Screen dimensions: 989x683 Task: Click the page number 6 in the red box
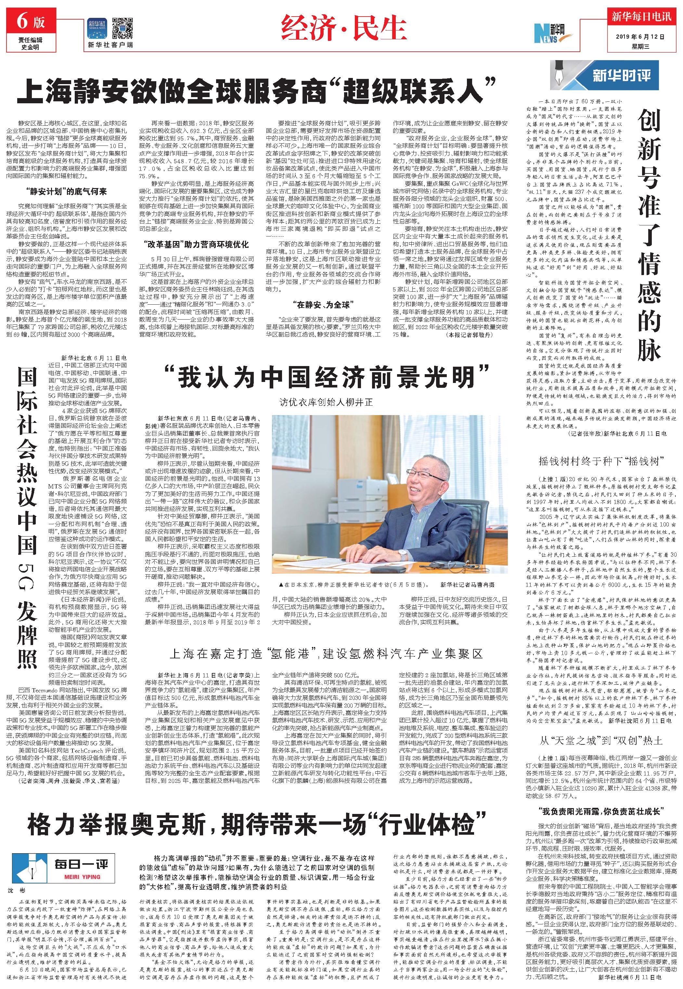pyautogui.click(x=22, y=21)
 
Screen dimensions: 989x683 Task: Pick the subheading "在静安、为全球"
pyautogui.click(x=322, y=305)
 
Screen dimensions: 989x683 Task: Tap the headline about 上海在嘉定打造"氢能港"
pyautogui.click(x=326, y=653)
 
